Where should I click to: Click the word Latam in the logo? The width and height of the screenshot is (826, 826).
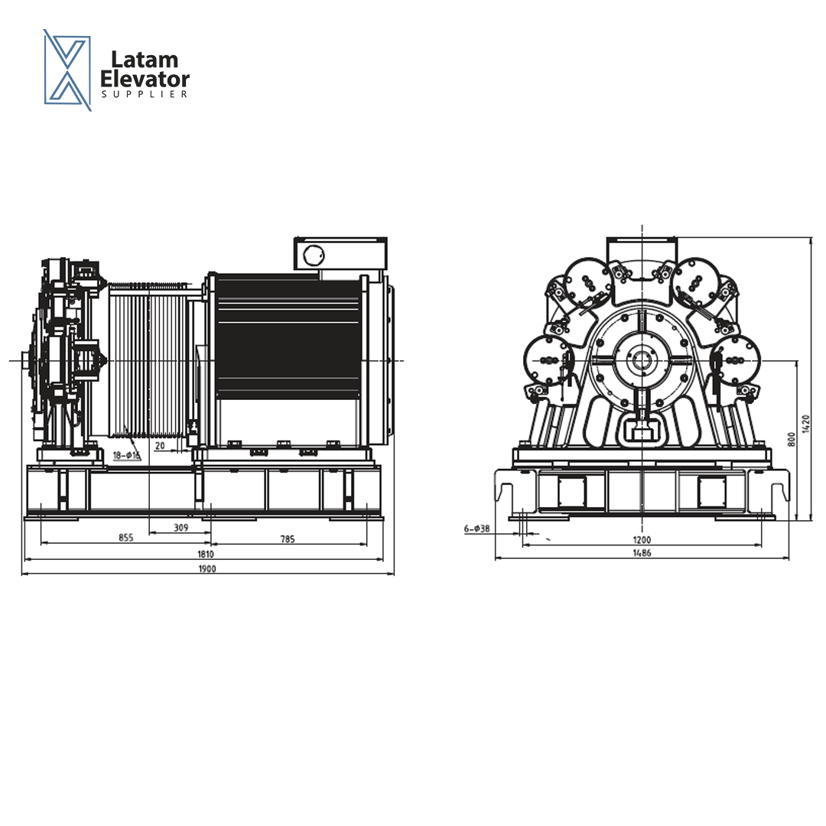[x=145, y=60]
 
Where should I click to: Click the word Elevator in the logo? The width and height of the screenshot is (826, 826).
[x=145, y=80]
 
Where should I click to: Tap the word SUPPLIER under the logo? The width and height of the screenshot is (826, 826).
[x=145, y=94]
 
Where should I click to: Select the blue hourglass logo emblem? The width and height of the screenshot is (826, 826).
[x=67, y=70]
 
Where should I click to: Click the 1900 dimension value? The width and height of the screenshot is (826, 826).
[x=207, y=569]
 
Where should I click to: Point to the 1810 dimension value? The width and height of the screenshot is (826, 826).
[x=206, y=554]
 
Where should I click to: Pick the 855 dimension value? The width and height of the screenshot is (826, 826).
[x=126, y=538]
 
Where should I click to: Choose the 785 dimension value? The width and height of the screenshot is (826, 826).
[x=288, y=539]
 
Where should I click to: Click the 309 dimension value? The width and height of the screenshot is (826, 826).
[x=180, y=527]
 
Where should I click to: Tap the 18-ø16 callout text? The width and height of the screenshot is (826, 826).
[x=126, y=455]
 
